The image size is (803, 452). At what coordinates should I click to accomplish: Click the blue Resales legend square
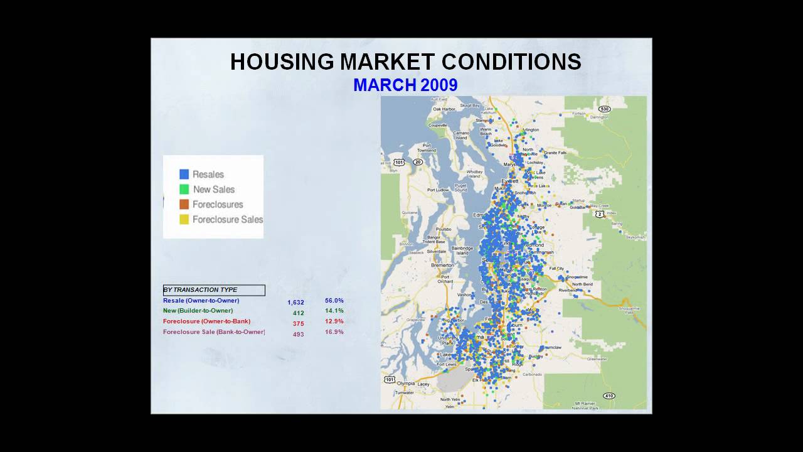coord(184,175)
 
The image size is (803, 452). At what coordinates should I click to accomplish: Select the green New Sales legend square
coord(184,189)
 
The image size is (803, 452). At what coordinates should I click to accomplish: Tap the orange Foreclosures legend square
coord(184,204)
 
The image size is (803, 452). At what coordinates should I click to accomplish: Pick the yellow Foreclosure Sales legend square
coord(184,219)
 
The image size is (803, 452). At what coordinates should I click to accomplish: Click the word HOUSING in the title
coord(282,62)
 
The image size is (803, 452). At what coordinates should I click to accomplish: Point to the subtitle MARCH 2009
coord(405,85)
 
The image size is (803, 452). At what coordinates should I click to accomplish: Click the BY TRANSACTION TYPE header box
coord(214,290)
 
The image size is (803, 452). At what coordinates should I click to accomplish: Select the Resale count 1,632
coord(295,303)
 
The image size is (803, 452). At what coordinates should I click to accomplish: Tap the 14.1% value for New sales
coord(334,311)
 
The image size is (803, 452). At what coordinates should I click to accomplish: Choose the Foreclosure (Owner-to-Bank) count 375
coord(298,324)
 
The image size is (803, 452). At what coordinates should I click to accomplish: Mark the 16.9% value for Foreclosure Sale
coord(334,332)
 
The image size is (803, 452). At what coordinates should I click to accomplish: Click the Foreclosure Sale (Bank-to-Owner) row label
coord(214,332)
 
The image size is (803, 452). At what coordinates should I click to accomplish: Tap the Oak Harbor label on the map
coord(444,109)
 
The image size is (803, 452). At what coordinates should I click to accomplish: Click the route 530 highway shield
coord(604,109)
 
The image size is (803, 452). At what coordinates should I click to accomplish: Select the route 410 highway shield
coord(608,395)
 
